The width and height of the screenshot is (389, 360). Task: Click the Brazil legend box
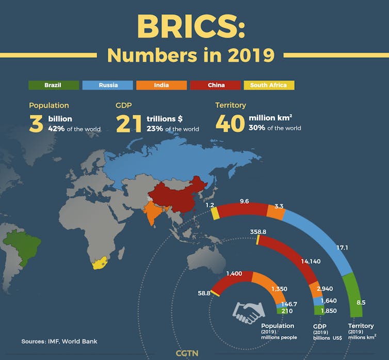[54, 85]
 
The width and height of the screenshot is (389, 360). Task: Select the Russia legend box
[108, 85]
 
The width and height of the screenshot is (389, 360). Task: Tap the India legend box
[161, 85]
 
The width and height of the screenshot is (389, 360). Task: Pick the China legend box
[215, 85]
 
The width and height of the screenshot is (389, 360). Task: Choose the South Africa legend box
[269, 85]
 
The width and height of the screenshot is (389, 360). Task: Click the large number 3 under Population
[36, 124]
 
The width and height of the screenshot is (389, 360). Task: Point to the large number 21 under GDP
[129, 124]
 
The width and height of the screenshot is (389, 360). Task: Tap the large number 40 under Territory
[230, 124]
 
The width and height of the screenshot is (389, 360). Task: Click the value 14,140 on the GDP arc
[311, 261]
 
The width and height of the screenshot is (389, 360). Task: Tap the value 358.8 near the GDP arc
[257, 232]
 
